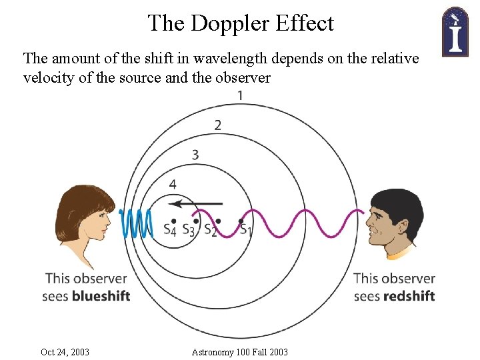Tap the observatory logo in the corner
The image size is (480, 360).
click(x=455, y=31)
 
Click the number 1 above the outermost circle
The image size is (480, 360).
click(x=240, y=95)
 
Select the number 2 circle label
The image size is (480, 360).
click(x=218, y=125)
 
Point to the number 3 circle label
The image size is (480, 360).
click(x=195, y=155)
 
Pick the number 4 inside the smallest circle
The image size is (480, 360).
click(x=173, y=184)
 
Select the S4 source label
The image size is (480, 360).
click(x=170, y=230)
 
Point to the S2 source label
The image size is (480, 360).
click(x=210, y=230)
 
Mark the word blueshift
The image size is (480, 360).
click(x=101, y=295)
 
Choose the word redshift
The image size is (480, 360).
click(x=409, y=295)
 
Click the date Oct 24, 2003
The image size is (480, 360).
click(x=65, y=351)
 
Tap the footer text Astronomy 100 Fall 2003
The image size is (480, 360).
click(x=239, y=351)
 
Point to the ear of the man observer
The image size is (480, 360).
click(x=394, y=225)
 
